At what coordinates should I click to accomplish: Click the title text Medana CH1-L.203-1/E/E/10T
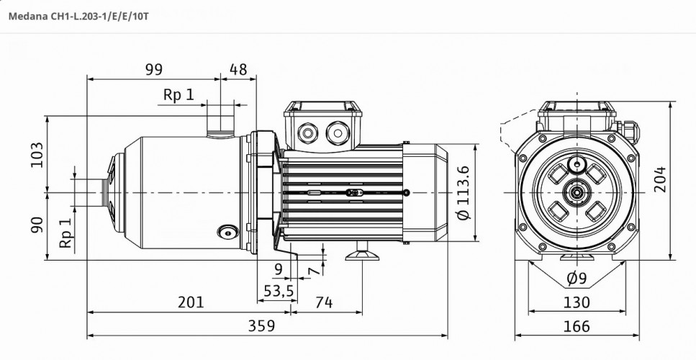(x=78, y=14)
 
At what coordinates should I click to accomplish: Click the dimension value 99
(x=153, y=69)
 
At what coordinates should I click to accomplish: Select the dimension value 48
(x=238, y=69)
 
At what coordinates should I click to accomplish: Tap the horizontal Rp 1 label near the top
(x=178, y=95)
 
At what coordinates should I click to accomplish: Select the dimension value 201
(x=191, y=302)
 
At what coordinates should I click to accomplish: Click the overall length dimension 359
(x=261, y=325)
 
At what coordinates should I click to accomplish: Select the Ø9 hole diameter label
(x=576, y=278)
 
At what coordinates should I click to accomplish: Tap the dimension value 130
(x=576, y=302)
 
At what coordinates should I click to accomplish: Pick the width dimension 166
(x=576, y=325)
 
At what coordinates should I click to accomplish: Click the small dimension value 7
(x=311, y=271)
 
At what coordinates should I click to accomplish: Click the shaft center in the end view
(x=576, y=192)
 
